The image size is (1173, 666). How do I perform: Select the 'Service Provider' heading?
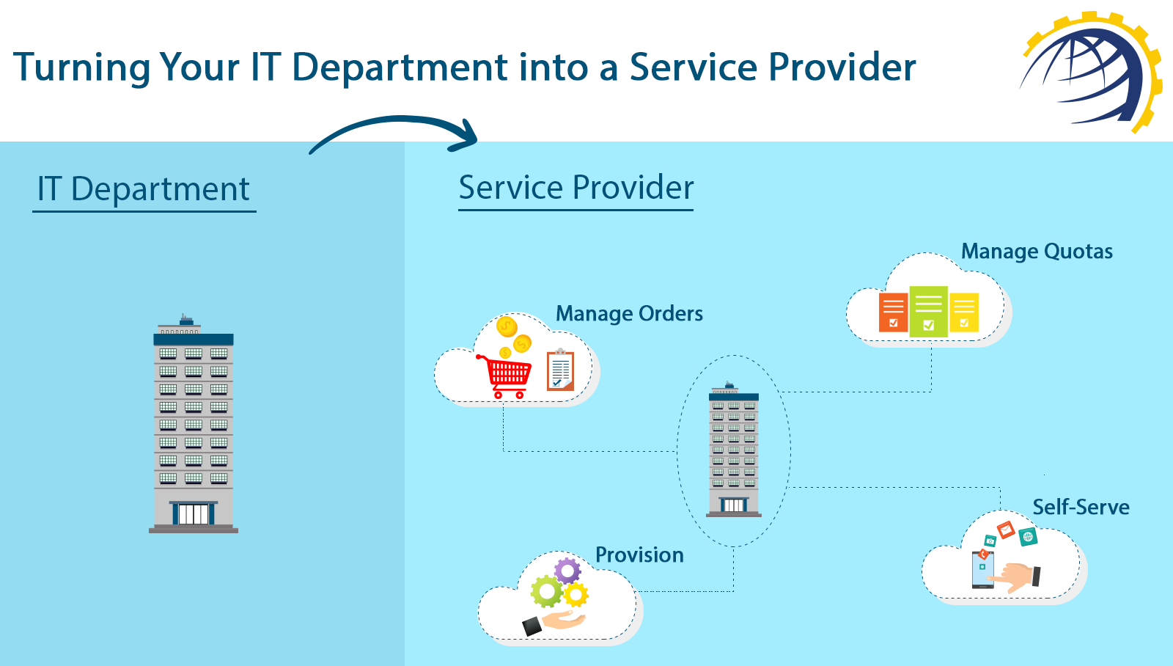coord(576,187)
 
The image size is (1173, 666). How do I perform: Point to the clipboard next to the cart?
coord(560,370)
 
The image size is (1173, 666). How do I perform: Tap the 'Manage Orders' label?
coord(629,314)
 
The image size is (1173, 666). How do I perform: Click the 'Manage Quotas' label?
coord(1037,252)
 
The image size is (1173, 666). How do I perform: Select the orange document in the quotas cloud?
coord(894,312)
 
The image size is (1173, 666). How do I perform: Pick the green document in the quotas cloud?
coord(928,311)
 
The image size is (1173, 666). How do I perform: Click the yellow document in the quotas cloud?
coord(964,312)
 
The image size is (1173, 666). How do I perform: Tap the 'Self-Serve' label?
coord(1081,508)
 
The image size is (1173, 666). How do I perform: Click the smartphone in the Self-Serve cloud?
coord(982,570)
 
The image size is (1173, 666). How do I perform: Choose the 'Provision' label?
coord(639,555)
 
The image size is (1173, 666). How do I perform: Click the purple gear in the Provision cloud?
coord(567,571)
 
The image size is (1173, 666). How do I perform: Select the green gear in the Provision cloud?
coord(547,592)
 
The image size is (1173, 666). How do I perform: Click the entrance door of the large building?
coord(194,513)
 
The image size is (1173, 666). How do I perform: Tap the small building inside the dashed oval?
coord(734,450)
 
